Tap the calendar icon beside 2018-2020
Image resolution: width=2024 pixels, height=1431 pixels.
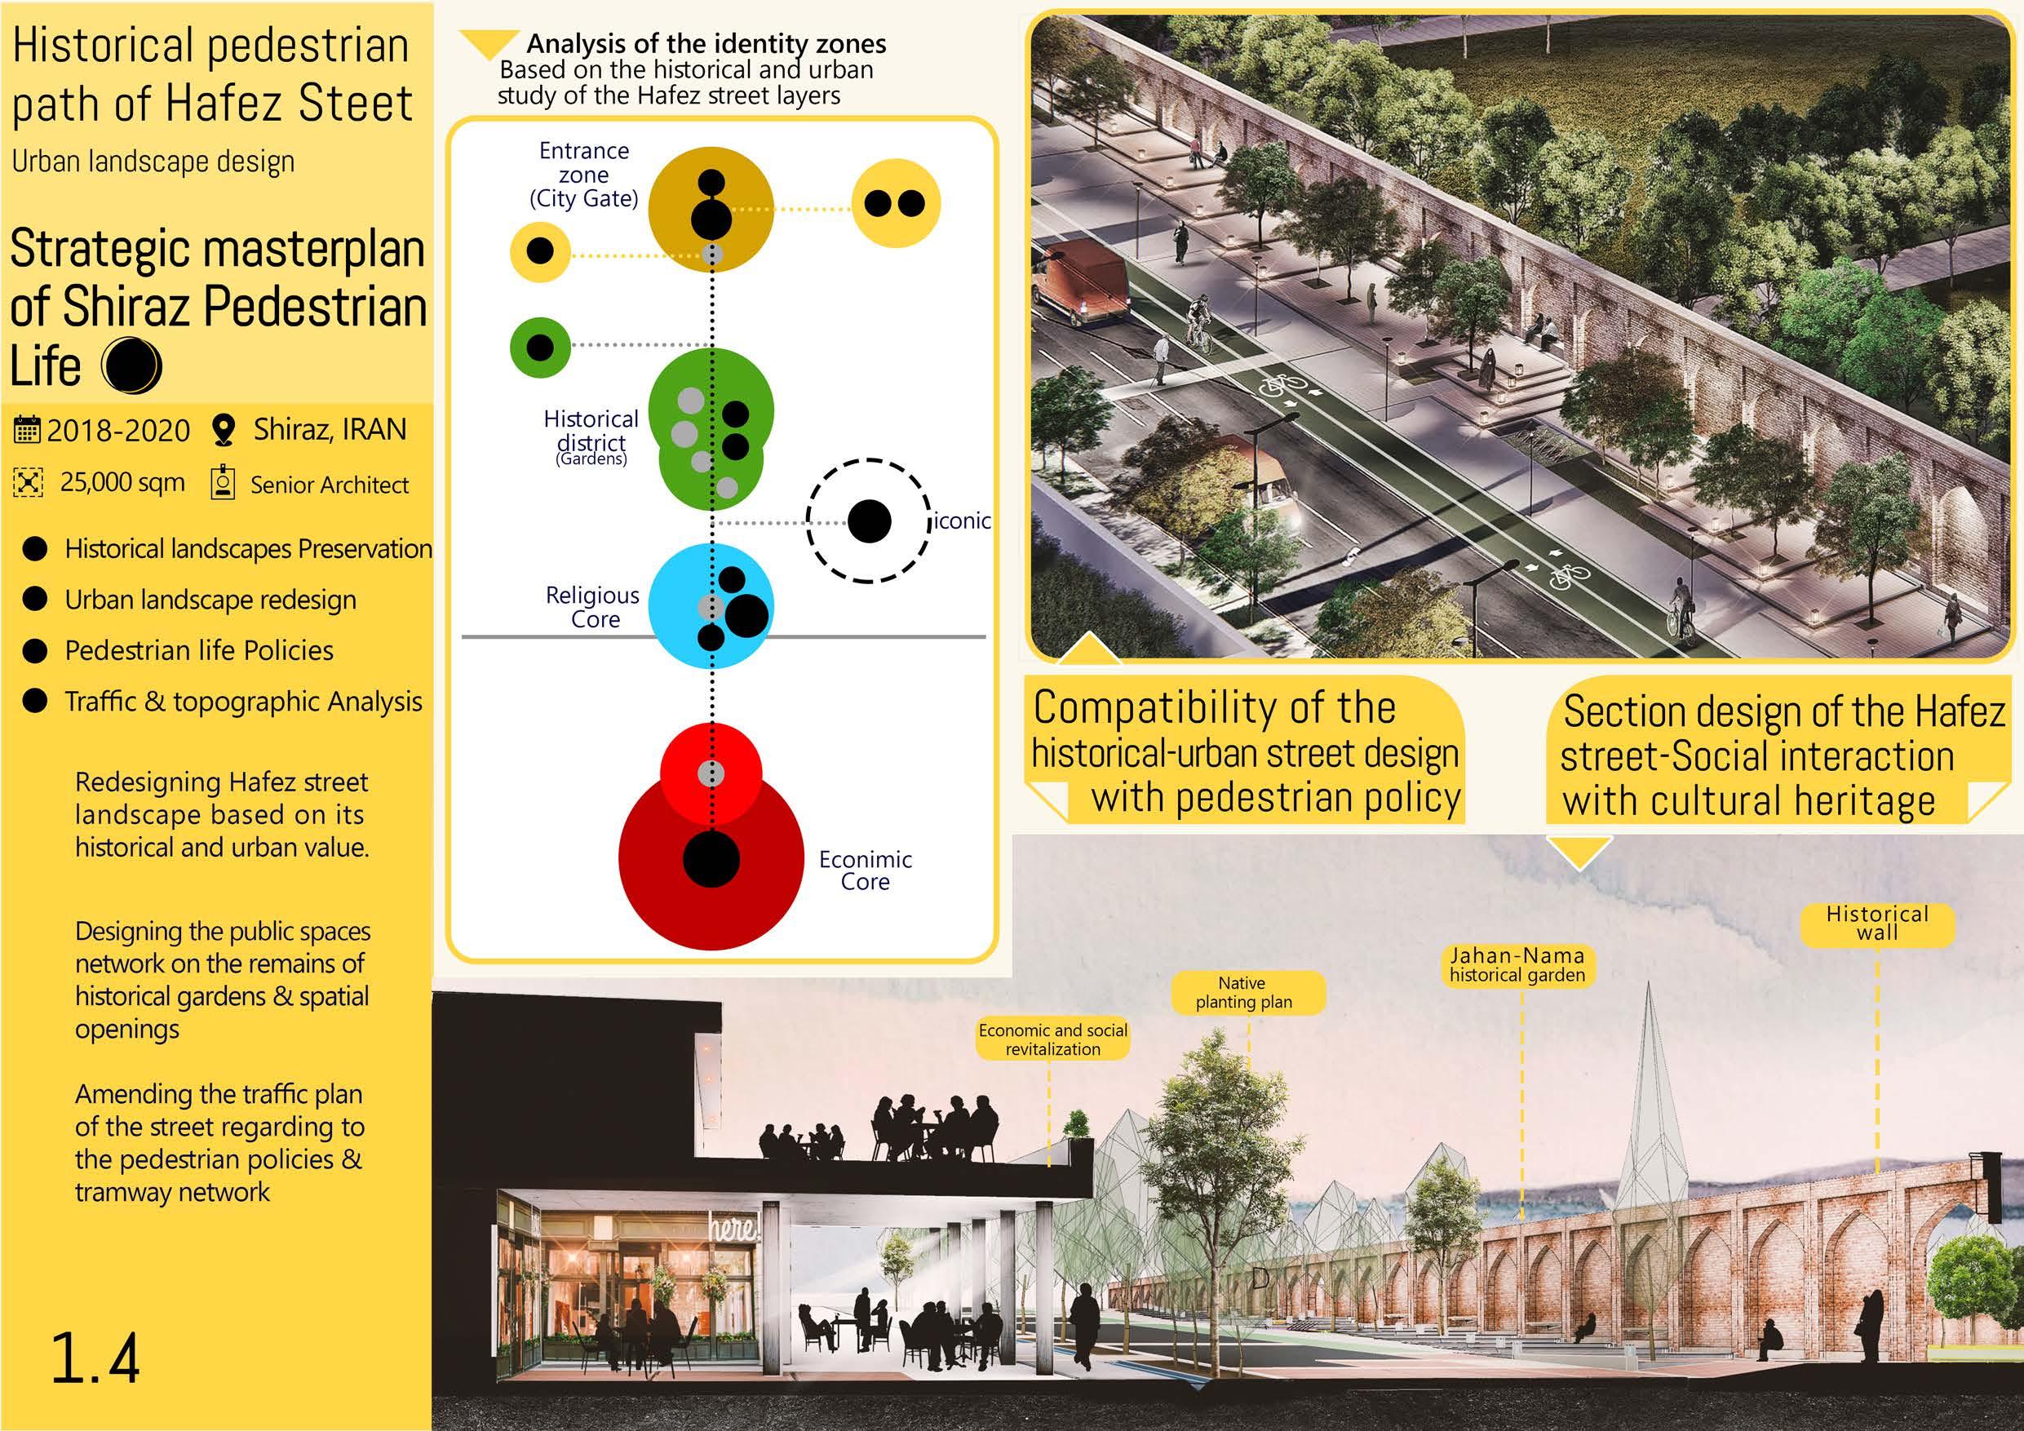[27, 430]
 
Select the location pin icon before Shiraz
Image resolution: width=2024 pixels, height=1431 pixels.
[225, 430]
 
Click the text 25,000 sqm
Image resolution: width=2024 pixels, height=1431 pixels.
[122, 482]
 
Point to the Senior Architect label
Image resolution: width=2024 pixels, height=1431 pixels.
[330, 485]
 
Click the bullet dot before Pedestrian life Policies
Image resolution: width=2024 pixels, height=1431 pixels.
[34, 651]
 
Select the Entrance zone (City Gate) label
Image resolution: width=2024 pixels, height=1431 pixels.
[583, 175]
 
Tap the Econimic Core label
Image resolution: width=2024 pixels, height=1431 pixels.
[865, 871]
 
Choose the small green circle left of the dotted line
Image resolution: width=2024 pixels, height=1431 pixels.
[539, 348]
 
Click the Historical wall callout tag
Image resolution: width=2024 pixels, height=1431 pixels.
[1877, 924]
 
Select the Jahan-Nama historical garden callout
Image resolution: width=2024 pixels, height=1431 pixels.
[1517, 964]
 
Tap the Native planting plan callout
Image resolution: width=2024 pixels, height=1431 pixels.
[1243, 992]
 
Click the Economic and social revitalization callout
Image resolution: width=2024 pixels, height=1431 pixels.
[1052, 1039]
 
